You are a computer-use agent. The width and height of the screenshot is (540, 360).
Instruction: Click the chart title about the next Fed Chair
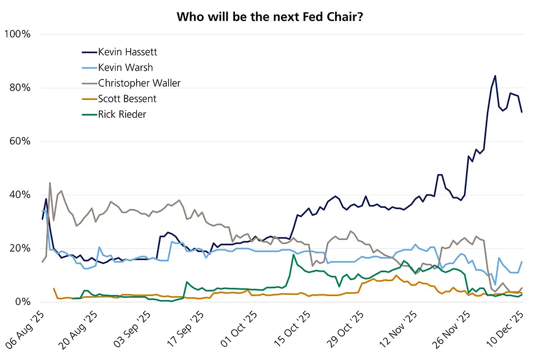pyautogui.click(x=270, y=17)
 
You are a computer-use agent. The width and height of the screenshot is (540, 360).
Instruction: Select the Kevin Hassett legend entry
pyautogui.click(x=127, y=52)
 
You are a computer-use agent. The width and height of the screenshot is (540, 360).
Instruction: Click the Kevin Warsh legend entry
pyautogui.click(x=125, y=67)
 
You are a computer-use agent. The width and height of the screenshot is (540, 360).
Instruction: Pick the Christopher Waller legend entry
pyautogui.click(x=139, y=83)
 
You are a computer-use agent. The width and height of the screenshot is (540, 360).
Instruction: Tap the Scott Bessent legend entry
pyautogui.click(x=127, y=99)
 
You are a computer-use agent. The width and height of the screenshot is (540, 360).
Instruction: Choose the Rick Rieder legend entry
pyautogui.click(x=122, y=114)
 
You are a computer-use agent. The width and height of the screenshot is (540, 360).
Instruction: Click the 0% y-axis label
pyautogui.click(x=22, y=302)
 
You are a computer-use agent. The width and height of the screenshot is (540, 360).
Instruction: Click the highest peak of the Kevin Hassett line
pyautogui.click(x=495, y=76)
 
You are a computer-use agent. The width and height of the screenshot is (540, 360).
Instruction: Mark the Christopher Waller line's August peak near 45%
pyautogui.click(x=50, y=183)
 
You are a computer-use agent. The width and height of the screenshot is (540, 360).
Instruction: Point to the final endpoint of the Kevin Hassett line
pyautogui.click(x=522, y=112)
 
